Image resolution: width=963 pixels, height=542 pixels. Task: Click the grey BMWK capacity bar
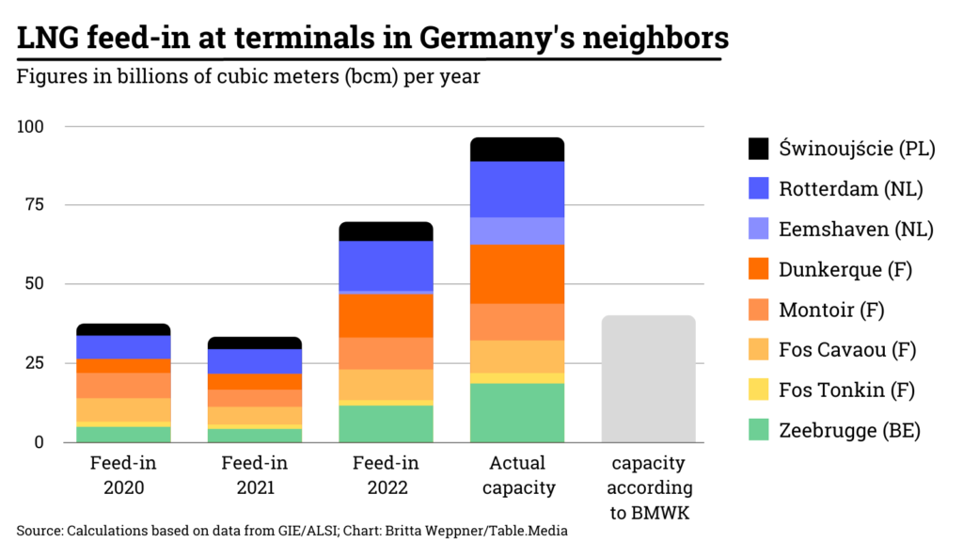click(x=648, y=378)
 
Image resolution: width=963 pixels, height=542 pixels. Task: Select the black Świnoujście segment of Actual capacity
click(x=517, y=149)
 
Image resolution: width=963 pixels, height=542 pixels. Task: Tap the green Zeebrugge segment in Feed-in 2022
click(x=386, y=423)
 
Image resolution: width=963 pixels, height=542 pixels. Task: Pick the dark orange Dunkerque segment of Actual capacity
click(x=517, y=274)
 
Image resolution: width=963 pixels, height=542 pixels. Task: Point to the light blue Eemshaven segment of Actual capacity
click(x=517, y=231)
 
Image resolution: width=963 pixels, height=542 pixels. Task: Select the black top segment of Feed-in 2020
click(x=123, y=329)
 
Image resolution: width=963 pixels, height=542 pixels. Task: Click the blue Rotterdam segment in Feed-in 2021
click(x=255, y=361)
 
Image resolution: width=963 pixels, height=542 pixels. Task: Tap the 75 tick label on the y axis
click(x=44, y=205)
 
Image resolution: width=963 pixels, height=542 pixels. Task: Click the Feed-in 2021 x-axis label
click(x=255, y=475)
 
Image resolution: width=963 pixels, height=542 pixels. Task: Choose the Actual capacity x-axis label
click(x=517, y=475)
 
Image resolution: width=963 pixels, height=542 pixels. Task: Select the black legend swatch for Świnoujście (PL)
click(x=758, y=149)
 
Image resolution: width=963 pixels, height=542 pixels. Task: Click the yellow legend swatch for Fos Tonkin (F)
click(x=758, y=390)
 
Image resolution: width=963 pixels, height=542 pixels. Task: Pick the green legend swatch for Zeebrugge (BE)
click(x=758, y=431)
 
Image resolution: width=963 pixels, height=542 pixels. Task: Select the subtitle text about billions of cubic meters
click(x=248, y=76)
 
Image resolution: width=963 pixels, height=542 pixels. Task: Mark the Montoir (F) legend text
click(x=831, y=310)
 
